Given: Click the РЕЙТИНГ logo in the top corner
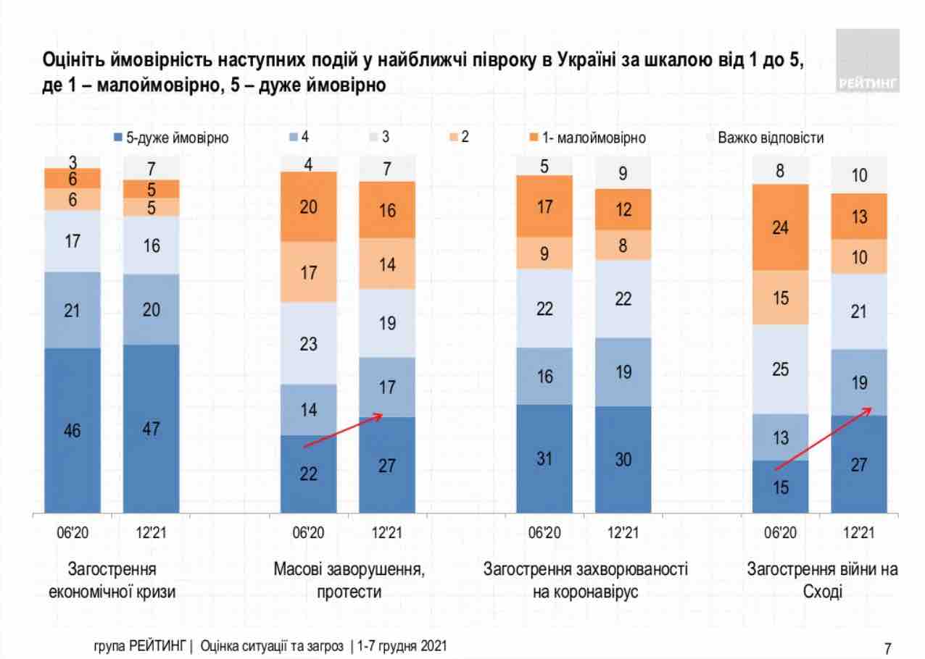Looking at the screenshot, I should [868, 61].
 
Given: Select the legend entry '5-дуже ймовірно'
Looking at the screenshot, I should [171, 138].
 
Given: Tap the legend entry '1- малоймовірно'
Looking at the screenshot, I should [586, 138].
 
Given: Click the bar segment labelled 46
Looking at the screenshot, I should [72, 430].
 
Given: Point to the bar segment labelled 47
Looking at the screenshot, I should [151, 429].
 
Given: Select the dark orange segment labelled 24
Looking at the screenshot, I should [780, 227].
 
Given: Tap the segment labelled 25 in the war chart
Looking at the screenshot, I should [780, 369].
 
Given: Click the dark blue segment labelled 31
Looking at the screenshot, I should [544, 458].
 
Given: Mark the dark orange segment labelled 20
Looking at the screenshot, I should [308, 206].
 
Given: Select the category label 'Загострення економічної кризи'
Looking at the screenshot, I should [112, 580].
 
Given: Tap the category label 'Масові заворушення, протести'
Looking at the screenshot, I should [349, 580].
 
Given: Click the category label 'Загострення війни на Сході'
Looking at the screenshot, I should [822, 580].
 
